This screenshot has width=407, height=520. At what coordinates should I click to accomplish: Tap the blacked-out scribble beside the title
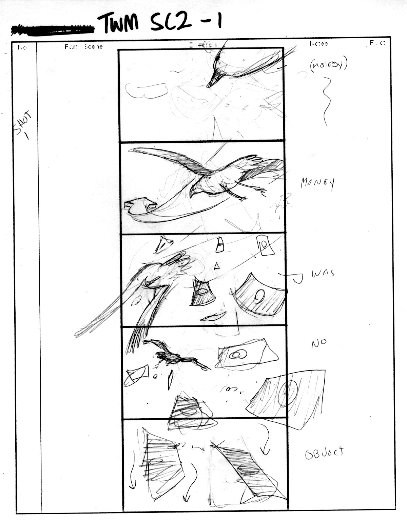[x=53, y=30]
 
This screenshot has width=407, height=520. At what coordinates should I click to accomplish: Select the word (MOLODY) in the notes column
[x=328, y=65]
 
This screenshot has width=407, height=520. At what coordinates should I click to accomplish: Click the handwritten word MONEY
[x=317, y=183]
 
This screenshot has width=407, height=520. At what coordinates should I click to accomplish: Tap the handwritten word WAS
[x=323, y=273]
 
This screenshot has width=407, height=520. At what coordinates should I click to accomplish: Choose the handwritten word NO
[x=319, y=343]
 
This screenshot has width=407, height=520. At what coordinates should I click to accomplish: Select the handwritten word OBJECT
[x=324, y=453]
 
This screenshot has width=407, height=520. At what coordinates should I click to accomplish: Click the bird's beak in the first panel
[x=214, y=80]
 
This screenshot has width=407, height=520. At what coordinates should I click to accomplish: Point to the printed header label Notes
[x=318, y=44]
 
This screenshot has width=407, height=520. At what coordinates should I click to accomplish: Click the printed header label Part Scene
[x=83, y=46]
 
